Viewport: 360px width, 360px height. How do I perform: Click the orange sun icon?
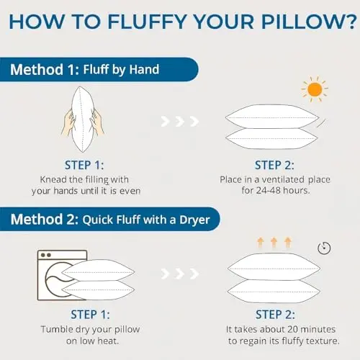pyautogui.click(x=315, y=89)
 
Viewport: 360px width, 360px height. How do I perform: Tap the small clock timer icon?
pyautogui.click(x=324, y=248)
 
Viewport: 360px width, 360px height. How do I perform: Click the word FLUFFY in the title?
pyautogui.click(x=147, y=22)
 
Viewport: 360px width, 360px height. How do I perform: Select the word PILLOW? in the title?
pyautogui.click(x=309, y=22)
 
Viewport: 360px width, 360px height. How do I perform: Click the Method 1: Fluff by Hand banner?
pyautogui.click(x=99, y=69)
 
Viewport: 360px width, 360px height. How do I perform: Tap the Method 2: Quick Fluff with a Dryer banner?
pyautogui.click(x=109, y=219)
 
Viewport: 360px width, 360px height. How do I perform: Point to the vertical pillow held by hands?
pyautogui.click(x=82, y=120)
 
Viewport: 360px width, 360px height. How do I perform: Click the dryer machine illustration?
pyautogui.click(x=63, y=275)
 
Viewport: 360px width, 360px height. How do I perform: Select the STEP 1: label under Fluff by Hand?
pyautogui.click(x=84, y=165)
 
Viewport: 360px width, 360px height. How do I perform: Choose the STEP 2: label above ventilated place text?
pyautogui.click(x=274, y=165)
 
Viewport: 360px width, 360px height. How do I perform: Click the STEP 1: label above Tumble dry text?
pyautogui.click(x=90, y=315)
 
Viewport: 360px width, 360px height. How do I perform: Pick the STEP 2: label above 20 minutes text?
pyautogui.click(x=275, y=315)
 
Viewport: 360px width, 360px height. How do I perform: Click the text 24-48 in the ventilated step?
pyautogui.click(x=269, y=190)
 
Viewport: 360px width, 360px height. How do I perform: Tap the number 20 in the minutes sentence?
pyautogui.click(x=292, y=329)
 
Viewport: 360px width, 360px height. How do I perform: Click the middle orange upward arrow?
pyautogui.click(x=274, y=242)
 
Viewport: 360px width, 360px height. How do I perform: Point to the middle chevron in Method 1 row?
pyautogui.click(x=180, y=122)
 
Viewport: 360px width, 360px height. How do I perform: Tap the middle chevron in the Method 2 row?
pyautogui.click(x=180, y=274)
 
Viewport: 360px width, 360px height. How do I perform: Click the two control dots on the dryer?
pyautogui.click(x=46, y=255)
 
